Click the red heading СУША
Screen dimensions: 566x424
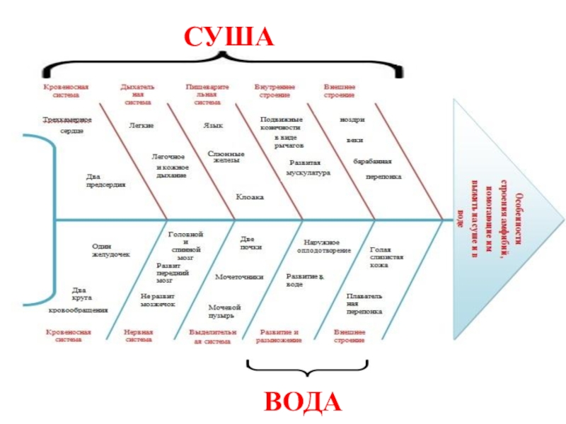pos(228,36)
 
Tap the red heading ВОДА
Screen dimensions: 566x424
pos(302,401)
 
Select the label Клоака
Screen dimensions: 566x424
pos(250,197)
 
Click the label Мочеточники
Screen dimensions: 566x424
pos(239,277)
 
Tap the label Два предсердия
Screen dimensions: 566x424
pos(105,180)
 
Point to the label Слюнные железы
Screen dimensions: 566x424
pos(226,157)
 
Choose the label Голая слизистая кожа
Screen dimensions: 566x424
pos(386,257)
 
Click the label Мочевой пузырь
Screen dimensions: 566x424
pos(226,311)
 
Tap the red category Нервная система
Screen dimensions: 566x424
pos(138,336)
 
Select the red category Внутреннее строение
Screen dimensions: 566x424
pos(275,90)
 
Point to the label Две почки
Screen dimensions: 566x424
pos(251,243)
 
